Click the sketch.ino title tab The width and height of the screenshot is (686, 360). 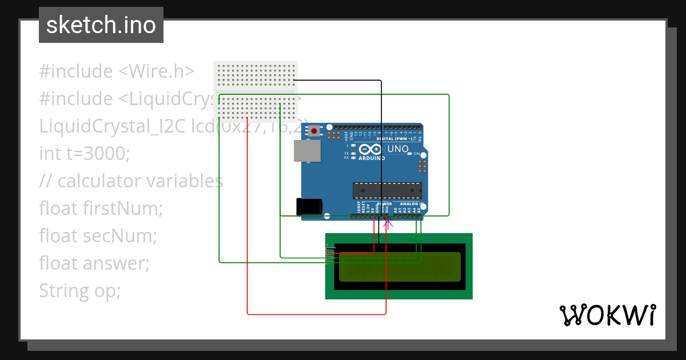101,25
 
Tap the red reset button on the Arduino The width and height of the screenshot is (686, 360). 314,131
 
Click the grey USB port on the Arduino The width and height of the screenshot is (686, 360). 307,151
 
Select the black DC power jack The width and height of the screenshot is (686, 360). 309,207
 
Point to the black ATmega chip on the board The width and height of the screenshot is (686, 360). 387,190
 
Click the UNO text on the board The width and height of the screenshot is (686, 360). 398,149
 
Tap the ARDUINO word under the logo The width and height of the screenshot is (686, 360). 371,158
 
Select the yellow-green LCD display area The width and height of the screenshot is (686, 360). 400,267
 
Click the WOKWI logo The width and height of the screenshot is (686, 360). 607,315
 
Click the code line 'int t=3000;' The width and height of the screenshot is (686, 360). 85,154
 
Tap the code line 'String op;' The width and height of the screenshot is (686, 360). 80,291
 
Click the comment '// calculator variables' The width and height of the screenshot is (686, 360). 131,181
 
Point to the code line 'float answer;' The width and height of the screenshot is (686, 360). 94,263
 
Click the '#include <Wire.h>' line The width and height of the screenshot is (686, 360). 117,71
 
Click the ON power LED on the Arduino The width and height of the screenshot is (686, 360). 410,154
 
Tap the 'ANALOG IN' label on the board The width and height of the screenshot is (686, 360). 410,203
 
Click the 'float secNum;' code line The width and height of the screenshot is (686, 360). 98,236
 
